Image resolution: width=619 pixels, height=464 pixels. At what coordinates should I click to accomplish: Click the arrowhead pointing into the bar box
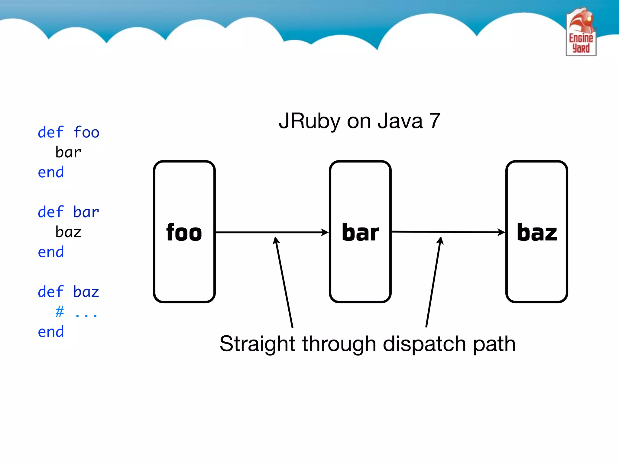pyautogui.click(x=325, y=232)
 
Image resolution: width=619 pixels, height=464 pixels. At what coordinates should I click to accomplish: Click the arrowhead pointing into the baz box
pyautogui.click(x=502, y=232)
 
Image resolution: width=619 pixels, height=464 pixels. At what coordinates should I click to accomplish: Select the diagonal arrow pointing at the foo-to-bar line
pyautogui.click(x=284, y=282)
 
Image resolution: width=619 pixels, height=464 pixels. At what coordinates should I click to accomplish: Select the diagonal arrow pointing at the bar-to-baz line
pyautogui.click(x=433, y=282)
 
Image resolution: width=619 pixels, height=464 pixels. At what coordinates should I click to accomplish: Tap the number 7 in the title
pyautogui.click(x=435, y=121)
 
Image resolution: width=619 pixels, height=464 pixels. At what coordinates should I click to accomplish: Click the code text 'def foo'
pyautogui.click(x=69, y=132)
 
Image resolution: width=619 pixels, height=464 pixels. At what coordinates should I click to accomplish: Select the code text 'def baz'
pyautogui.click(x=69, y=292)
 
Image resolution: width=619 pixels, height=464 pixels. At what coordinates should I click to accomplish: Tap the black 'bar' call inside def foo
pyautogui.click(x=68, y=152)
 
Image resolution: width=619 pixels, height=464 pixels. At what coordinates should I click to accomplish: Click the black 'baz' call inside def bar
pyautogui.click(x=68, y=232)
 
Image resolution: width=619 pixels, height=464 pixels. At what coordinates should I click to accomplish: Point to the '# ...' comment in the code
pyautogui.click(x=76, y=312)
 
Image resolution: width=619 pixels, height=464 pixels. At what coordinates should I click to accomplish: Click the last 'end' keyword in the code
pyautogui.click(x=51, y=332)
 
